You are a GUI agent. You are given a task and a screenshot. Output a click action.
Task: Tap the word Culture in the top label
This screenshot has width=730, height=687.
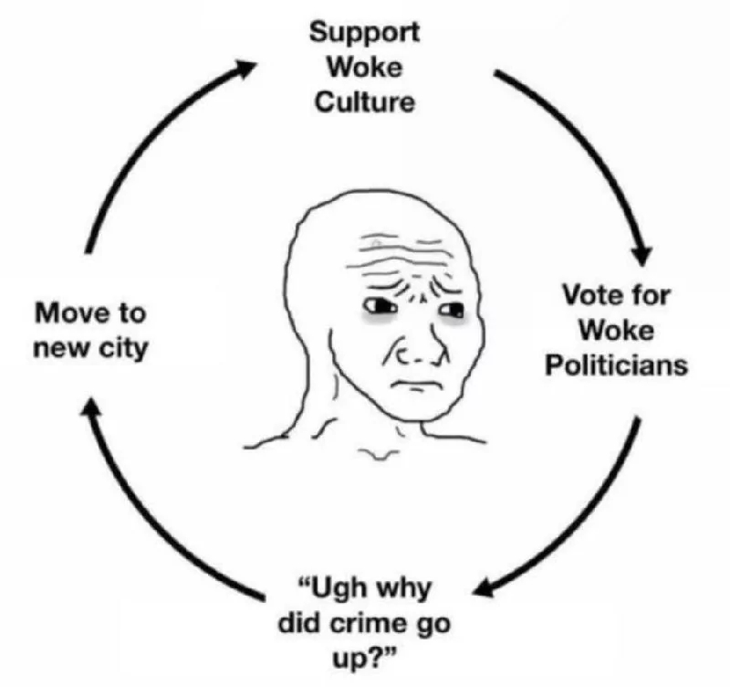click(364, 102)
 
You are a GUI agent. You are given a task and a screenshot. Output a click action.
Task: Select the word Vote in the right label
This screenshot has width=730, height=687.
click(590, 295)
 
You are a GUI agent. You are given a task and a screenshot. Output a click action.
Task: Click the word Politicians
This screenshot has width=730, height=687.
click(617, 365)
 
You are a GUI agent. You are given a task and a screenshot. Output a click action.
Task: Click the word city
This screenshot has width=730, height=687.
click(124, 349)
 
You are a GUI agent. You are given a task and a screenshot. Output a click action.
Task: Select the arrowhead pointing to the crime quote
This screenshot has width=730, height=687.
click(485, 587)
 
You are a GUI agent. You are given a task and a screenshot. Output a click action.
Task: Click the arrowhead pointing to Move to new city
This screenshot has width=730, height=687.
click(92, 407)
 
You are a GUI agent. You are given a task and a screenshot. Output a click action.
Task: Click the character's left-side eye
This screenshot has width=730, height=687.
click(381, 306)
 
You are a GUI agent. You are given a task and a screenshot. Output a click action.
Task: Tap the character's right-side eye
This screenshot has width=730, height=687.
click(453, 309)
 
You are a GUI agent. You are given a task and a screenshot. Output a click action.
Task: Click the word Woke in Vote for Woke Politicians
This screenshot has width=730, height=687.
click(617, 331)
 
